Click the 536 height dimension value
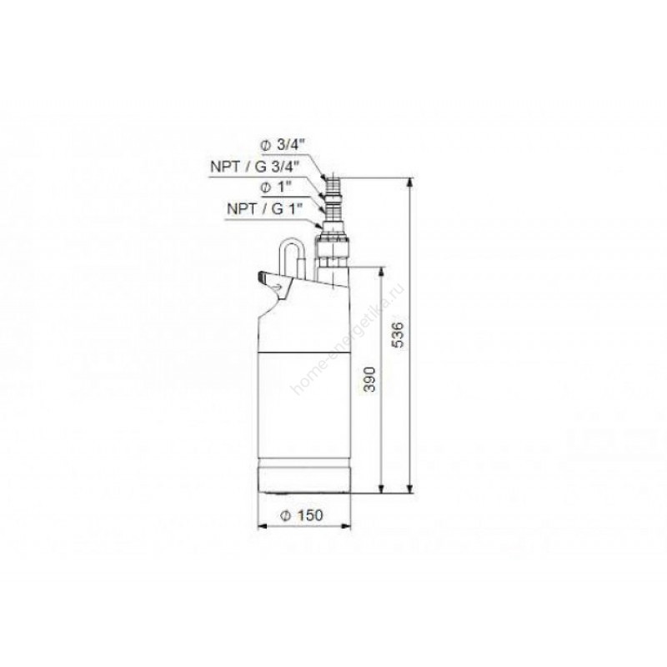[x=399, y=335]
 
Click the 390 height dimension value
[x=370, y=379]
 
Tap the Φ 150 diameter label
[x=302, y=515]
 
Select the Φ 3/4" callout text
[x=283, y=145]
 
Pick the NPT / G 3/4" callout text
[x=255, y=166]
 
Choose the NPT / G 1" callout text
[x=265, y=209]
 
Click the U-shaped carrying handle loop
[x=290, y=259]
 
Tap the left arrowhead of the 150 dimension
[x=262, y=527]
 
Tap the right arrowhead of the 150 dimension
[x=347, y=527]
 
